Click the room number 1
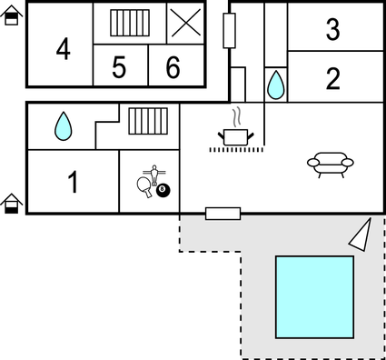click(73, 183)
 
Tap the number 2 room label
click(332, 79)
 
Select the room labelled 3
click(332, 30)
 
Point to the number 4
click(63, 48)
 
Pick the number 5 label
click(119, 67)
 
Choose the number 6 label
click(173, 67)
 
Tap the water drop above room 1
click(63, 126)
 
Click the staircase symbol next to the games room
click(144, 120)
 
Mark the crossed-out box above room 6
click(185, 23)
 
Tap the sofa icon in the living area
click(330, 163)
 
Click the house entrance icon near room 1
click(12, 204)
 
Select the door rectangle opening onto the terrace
click(223, 214)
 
